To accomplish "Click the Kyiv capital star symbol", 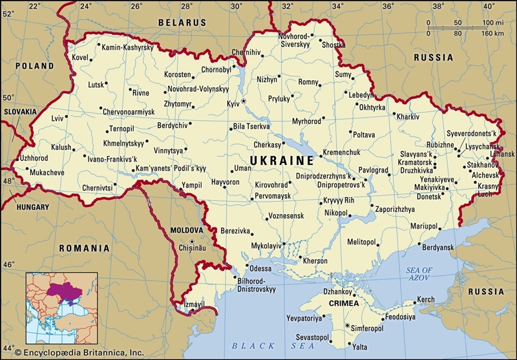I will pos(244,101).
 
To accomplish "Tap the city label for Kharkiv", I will pos(408,117).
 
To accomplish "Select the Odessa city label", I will pos(260,268).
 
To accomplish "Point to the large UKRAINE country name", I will pos(282,159).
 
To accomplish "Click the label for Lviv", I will pos(58,118).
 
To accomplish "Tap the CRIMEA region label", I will pos(343,302).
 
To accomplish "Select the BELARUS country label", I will pos(182,22).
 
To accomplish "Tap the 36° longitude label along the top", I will pos(387,6).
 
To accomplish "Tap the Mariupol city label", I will pos(423,226).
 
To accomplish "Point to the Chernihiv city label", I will pos(246,52).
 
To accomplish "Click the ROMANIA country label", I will pos(84,248).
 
